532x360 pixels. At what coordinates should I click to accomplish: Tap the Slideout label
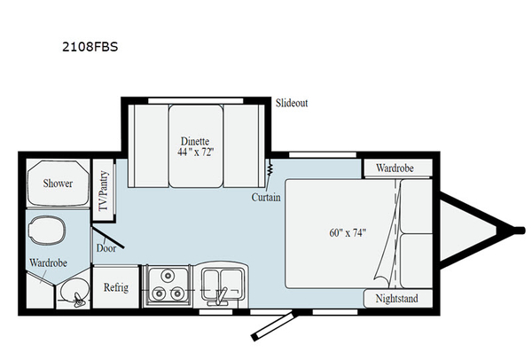pos(291,103)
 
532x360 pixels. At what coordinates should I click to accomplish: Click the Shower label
pos(58,184)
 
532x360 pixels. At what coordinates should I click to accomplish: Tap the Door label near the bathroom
pos(106,247)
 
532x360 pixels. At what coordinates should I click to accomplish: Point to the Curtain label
pos(265,197)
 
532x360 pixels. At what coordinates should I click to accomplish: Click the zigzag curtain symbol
pos(269,168)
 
